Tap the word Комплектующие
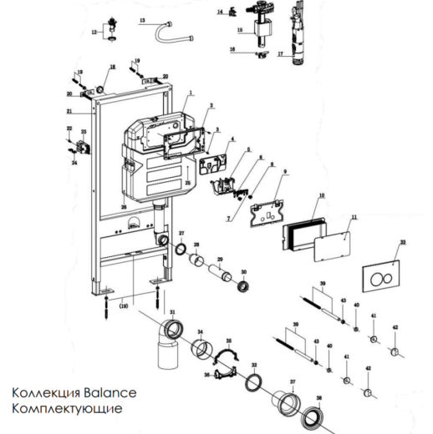click(66, 409)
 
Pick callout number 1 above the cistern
click(191, 94)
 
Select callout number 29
click(220, 260)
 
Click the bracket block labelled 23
click(82, 150)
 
